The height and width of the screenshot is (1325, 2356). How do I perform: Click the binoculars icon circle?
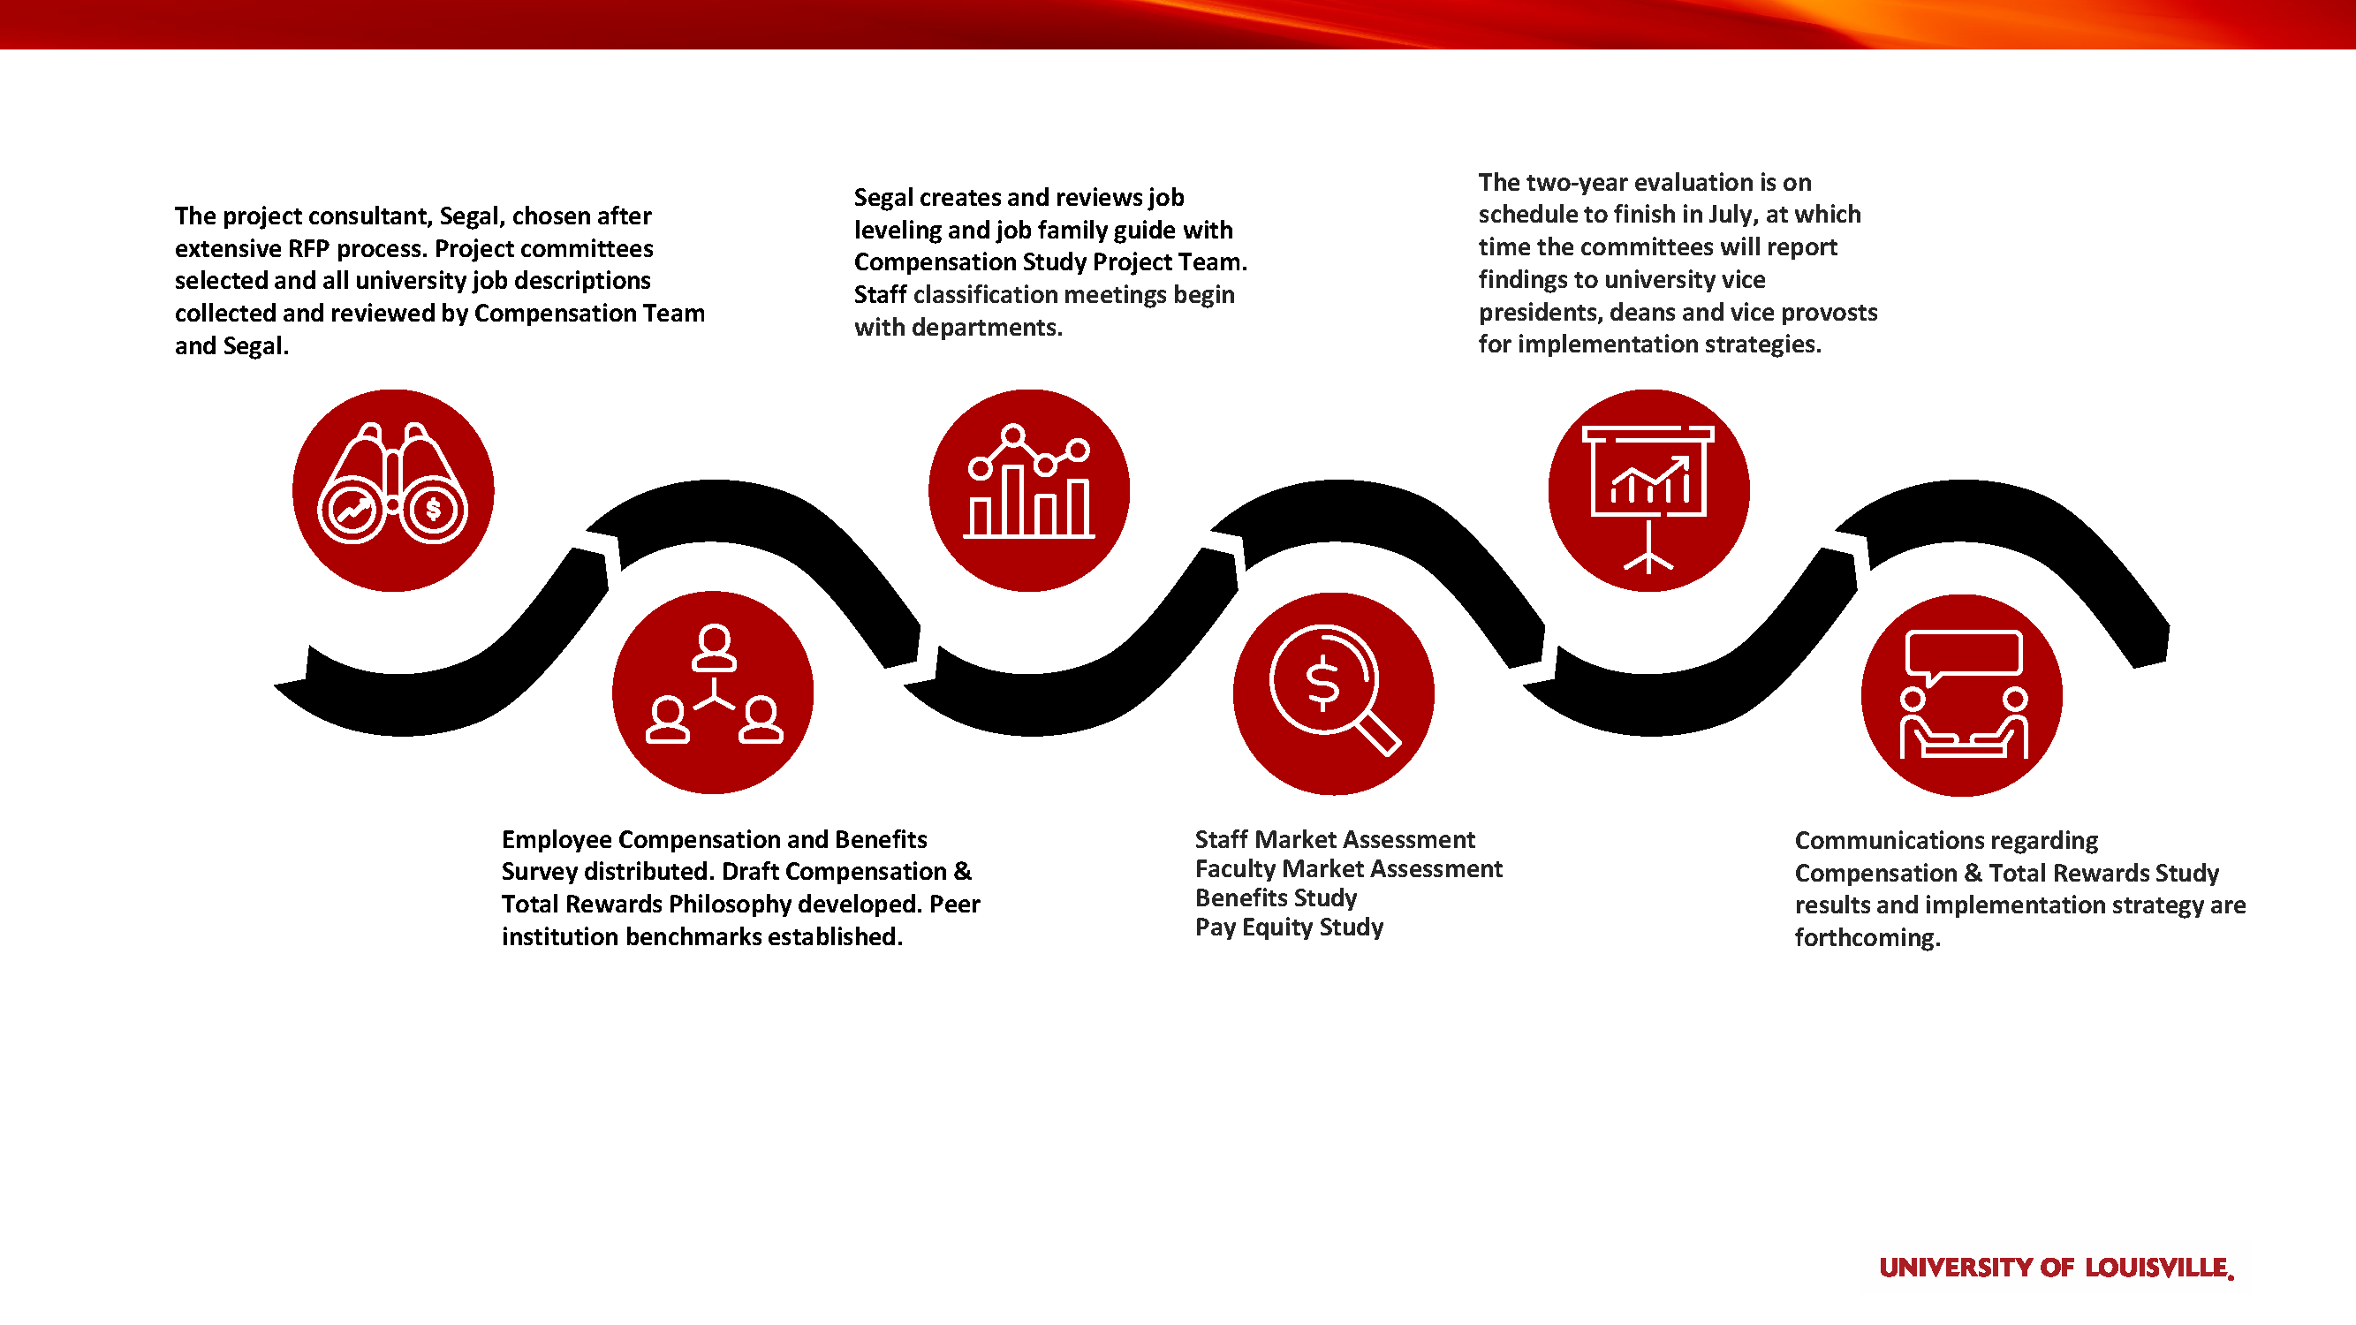[393, 490]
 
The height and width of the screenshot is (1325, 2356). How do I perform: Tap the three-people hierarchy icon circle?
[713, 693]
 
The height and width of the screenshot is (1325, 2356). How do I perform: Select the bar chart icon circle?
[1029, 490]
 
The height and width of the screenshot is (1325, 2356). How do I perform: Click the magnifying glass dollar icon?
[1334, 693]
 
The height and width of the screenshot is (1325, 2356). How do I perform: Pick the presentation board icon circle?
[1648, 490]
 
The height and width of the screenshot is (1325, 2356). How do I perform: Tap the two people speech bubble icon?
[1962, 695]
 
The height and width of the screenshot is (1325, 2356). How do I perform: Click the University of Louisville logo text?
[2056, 1268]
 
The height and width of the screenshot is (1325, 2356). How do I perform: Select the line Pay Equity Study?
[1289, 927]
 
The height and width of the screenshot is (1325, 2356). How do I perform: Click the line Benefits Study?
[1276, 897]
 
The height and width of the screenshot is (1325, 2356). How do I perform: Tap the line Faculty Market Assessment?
[1348, 867]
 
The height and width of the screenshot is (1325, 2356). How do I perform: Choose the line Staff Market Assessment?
[1335, 838]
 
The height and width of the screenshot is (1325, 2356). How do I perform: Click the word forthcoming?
[1867, 937]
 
